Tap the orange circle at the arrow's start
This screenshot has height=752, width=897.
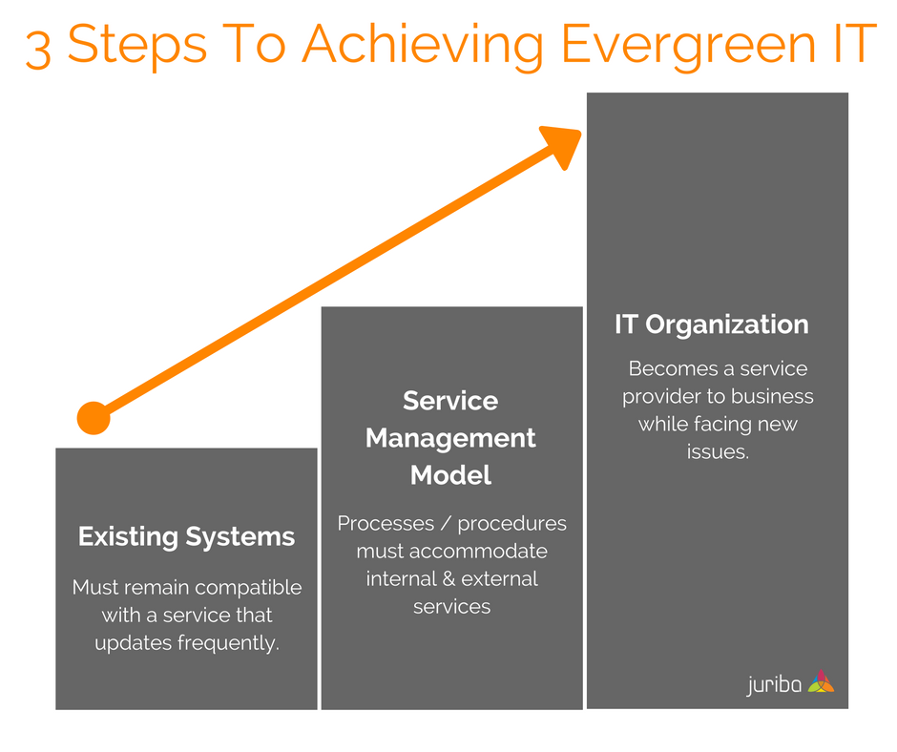coord(94,418)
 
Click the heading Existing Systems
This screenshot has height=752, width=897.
coord(186,536)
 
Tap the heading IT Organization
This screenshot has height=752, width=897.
coord(711,324)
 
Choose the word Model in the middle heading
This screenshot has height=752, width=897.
coord(450,474)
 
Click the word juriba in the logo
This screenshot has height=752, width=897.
coord(773,684)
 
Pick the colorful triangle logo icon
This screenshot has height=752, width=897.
coord(821,681)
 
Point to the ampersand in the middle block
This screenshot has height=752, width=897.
coord(448,578)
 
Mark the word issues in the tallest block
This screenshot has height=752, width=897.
coord(718,451)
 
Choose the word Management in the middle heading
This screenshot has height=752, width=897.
coord(450,438)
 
